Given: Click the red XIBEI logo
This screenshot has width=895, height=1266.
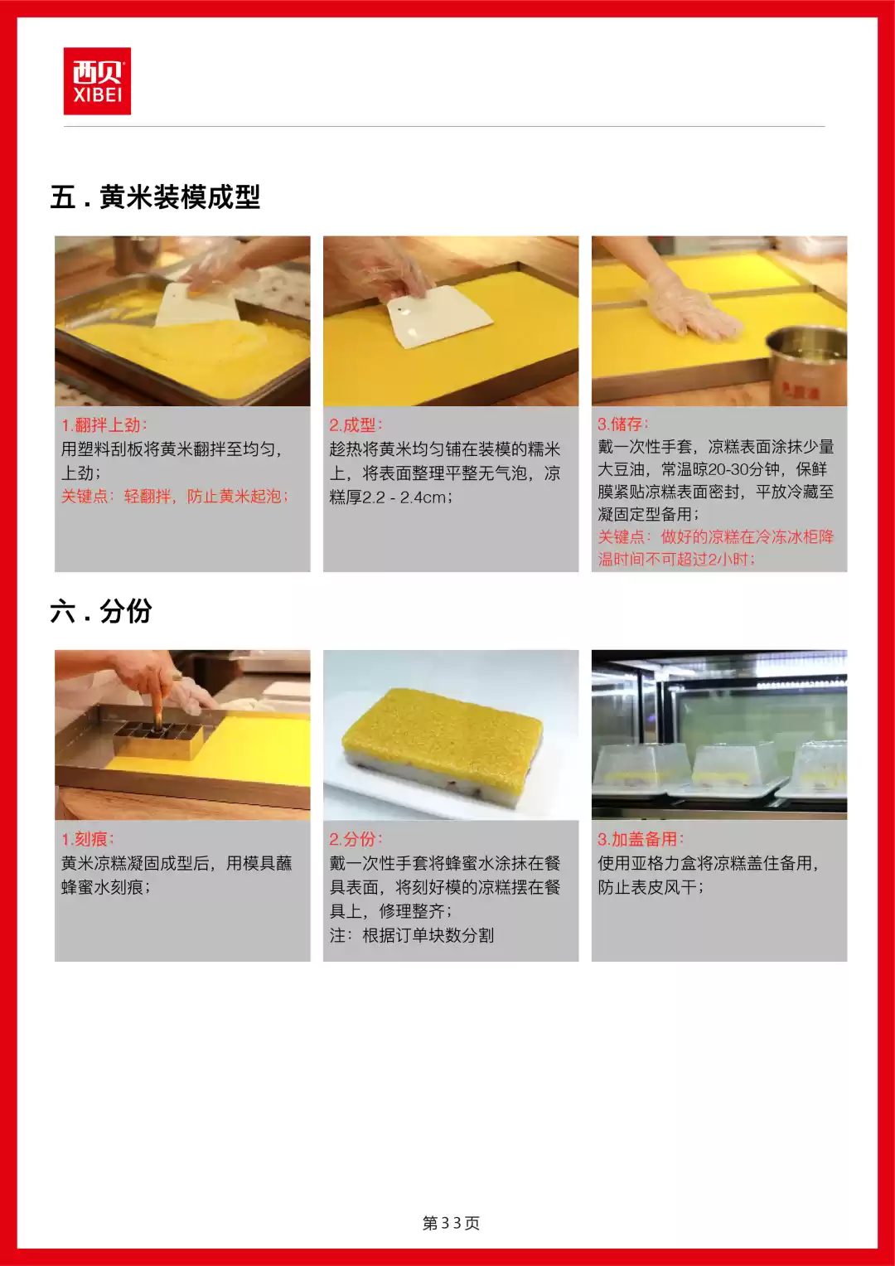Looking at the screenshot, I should click(97, 81).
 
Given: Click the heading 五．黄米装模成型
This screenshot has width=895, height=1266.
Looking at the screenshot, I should click(155, 197).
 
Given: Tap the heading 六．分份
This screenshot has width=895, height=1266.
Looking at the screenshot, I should click(101, 612).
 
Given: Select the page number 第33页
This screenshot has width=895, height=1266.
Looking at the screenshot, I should click(451, 1223).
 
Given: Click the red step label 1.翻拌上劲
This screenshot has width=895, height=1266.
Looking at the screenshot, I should click(104, 425).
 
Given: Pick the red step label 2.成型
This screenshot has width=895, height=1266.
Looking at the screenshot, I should click(356, 425).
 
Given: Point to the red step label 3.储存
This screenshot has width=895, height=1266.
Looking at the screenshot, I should click(623, 424).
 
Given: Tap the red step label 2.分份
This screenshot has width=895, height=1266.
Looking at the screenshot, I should click(356, 839).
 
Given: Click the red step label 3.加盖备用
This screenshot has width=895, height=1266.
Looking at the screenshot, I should click(641, 839).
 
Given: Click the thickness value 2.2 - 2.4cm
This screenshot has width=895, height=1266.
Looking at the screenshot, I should click(407, 497).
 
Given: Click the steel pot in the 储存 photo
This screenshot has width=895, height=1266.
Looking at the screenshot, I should click(805, 365).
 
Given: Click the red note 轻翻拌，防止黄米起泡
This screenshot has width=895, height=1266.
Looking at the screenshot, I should click(206, 497).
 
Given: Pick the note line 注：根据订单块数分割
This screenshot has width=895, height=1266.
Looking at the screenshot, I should click(411, 936).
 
